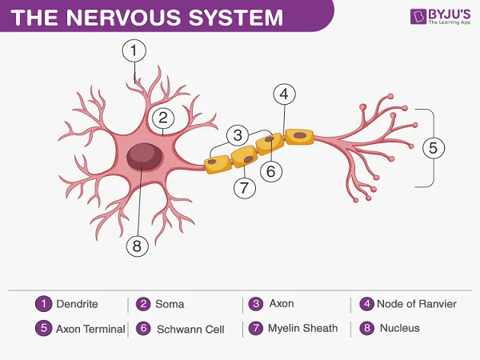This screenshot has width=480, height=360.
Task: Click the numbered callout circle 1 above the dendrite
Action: [134, 50]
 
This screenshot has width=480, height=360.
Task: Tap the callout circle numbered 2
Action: [163, 118]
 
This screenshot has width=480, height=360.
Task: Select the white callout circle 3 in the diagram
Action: [238, 135]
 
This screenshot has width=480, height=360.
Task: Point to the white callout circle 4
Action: [284, 94]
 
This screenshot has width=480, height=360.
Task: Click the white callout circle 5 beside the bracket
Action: [434, 147]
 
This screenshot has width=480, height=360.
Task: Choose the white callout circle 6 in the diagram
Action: [271, 171]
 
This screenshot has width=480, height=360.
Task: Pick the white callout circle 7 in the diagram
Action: [245, 187]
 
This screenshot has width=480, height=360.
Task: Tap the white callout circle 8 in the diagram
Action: [138, 246]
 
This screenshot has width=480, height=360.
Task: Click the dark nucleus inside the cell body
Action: [144, 157]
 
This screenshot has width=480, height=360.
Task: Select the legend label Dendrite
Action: [77, 304]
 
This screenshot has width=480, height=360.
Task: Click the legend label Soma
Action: [170, 304]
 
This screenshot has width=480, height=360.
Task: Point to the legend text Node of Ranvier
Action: [417, 304]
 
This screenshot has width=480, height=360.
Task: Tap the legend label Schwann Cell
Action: [190, 329]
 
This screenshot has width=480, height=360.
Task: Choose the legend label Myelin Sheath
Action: [303, 328]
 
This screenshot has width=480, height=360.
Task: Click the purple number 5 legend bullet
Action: [43, 328]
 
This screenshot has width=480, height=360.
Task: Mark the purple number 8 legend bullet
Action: [366, 328]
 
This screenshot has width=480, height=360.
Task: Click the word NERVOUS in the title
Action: [123, 17]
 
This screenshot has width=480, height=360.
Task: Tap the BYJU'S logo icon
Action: [418, 16]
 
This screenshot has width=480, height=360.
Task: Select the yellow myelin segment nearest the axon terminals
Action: [300, 137]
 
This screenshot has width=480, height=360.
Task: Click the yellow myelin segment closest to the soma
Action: [218, 164]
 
